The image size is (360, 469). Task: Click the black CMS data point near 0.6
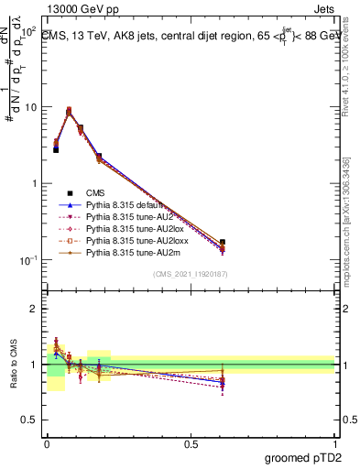pos(223,243)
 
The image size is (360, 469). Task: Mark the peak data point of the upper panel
pos(69,111)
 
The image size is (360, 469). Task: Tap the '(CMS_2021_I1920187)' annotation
pos(189,273)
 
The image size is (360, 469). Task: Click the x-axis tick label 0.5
pos(190,444)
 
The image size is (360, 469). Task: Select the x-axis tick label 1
pos(333,444)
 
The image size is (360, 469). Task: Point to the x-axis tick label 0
pos(48,444)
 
